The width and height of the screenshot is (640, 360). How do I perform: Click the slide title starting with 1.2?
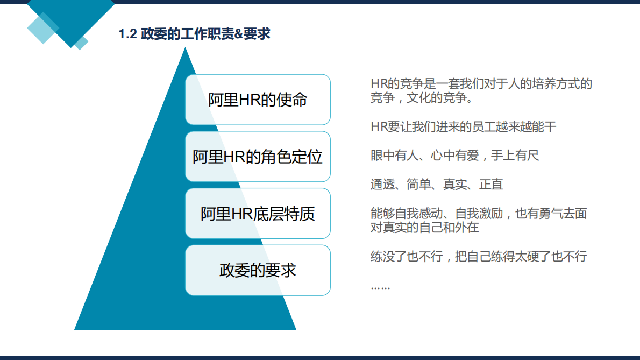(x=194, y=34)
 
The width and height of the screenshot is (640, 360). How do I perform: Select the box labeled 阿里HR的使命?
(x=258, y=100)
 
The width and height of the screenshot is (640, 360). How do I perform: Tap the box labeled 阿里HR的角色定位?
(x=258, y=157)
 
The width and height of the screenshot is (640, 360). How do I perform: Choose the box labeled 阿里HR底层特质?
(x=258, y=214)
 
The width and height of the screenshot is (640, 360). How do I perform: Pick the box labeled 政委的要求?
(x=258, y=270)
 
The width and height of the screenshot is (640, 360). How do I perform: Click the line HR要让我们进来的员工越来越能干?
(x=463, y=127)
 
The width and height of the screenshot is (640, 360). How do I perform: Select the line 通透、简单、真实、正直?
(x=437, y=185)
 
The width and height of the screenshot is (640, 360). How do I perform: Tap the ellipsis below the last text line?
(x=380, y=286)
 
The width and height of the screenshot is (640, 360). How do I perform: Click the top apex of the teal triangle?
(x=185, y=48)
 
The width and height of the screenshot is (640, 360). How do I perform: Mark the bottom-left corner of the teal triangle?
(x=75, y=329)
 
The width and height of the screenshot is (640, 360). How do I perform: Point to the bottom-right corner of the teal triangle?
(x=295, y=329)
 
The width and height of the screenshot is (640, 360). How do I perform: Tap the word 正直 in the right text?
(x=491, y=185)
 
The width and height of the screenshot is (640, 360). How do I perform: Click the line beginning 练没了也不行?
(x=478, y=257)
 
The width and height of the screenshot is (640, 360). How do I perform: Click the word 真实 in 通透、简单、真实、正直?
(x=454, y=185)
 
